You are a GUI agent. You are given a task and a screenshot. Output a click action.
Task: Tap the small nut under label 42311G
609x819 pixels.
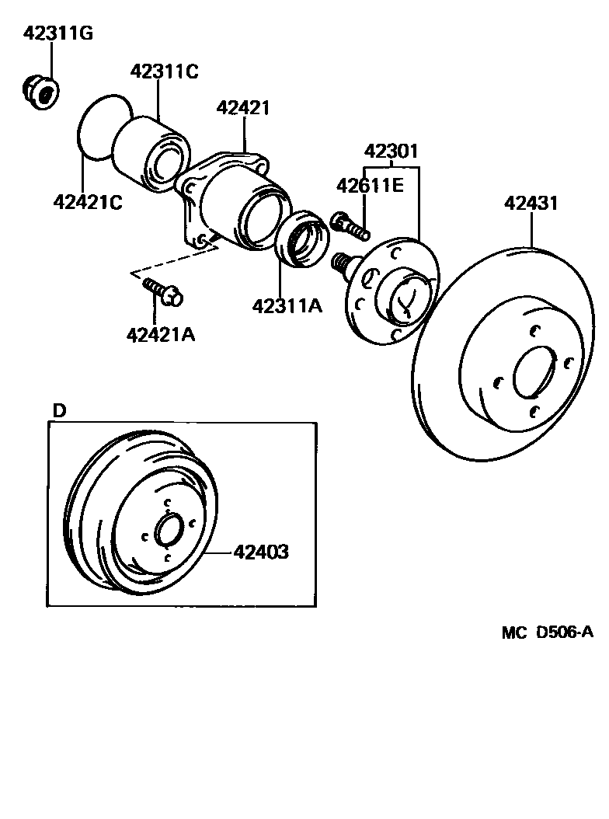[x=40, y=91]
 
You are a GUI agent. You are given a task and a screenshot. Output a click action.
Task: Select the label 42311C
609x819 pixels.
[x=164, y=72]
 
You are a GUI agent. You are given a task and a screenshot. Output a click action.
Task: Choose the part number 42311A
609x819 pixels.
[x=287, y=306]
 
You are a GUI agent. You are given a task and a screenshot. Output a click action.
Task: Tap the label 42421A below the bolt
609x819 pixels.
[x=160, y=336]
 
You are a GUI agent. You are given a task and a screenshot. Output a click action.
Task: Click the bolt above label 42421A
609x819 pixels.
[x=162, y=291]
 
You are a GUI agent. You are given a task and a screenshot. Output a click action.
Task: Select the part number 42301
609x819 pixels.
[x=391, y=152]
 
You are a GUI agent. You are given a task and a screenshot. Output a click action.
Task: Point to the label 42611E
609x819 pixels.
[x=370, y=186]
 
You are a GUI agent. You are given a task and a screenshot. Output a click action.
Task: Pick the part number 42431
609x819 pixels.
[x=531, y=204]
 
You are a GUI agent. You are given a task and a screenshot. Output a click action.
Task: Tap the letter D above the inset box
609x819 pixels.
[x=59, y=410]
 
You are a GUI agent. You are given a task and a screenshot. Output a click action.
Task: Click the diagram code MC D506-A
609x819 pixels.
[x=547, y=633]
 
